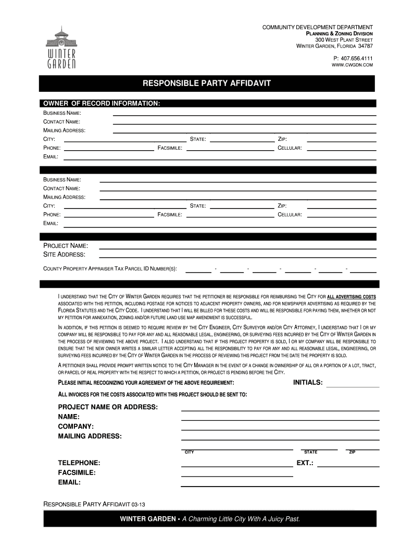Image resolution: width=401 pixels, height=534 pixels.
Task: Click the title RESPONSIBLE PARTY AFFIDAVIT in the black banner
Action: (207, 83)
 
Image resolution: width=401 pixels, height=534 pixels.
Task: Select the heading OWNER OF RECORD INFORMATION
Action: (102, 103)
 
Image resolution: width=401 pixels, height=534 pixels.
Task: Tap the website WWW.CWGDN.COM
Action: (353, 65)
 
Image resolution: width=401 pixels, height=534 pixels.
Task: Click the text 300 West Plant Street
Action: (344, 40)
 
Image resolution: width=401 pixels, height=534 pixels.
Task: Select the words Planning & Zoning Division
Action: (339, 33)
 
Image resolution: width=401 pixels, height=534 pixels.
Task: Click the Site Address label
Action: (64, 254)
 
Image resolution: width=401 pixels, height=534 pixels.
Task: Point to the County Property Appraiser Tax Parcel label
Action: (109, 269)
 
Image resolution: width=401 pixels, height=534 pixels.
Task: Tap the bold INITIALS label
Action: (308, 383)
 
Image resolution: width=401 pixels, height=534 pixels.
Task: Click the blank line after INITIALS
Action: (352, 386)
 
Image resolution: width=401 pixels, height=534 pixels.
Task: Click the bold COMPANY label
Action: (76, 426)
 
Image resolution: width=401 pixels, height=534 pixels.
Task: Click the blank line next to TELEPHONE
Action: (236, 466)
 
